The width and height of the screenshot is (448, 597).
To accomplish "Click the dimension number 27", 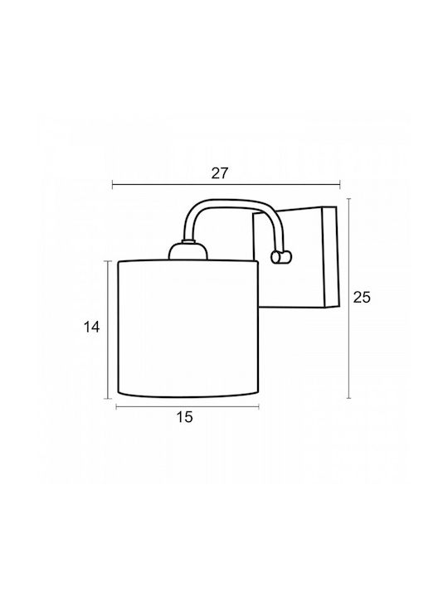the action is [x=220, y=173].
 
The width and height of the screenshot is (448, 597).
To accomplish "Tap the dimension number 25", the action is [x=362, y=297].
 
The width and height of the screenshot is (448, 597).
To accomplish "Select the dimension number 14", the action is [x=91, y=327].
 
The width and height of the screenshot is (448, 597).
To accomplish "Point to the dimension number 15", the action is [x=185, y=417].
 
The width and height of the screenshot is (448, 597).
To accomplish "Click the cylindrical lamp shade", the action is [x=187, y=329].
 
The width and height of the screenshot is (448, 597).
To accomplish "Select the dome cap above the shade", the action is [x=188, y=252].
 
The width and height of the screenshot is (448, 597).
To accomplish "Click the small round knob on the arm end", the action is [x=281, y=257].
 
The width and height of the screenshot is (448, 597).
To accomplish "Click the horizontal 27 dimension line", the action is [x=226, y=185].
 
